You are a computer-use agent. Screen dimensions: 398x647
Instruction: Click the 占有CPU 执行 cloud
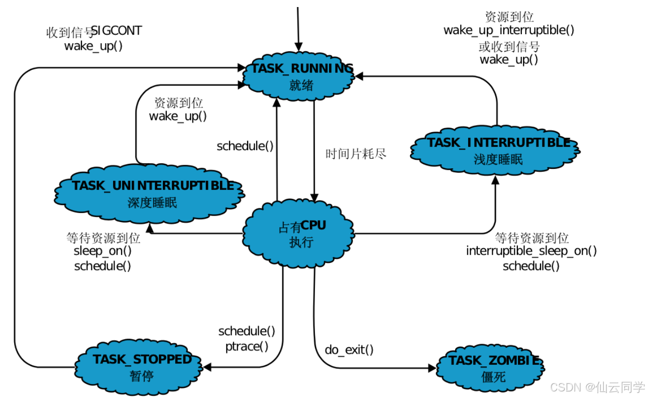pos(300,233)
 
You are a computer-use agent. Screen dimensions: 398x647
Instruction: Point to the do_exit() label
pos(349,350)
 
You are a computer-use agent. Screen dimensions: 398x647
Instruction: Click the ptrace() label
pos(246,346)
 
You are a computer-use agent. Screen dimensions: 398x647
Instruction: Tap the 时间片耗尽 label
pos(356,154)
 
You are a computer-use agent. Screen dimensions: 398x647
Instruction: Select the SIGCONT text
pos(117,31)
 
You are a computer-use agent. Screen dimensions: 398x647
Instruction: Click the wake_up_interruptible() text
pos(508,30)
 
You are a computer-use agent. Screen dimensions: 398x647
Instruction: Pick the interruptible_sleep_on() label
pos(531,251)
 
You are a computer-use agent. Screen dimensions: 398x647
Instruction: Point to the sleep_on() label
pos(102,251)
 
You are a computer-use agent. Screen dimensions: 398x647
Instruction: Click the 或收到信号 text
pos(509,47)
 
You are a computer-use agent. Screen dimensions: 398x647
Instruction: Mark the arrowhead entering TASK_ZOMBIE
pos(433,368)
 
